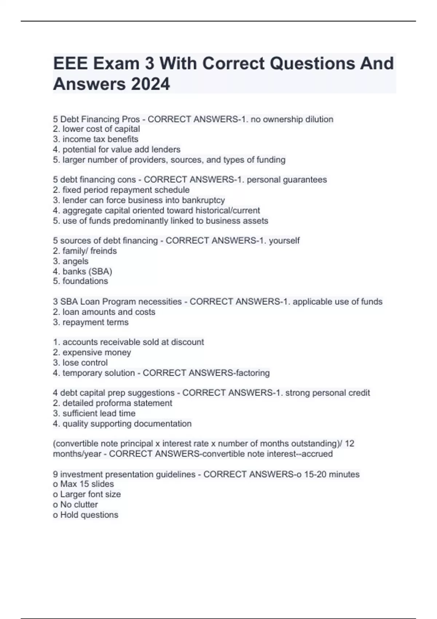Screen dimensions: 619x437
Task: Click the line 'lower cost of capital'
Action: pyautogui.click(x=97, y=129)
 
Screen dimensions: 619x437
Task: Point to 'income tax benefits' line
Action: pyautogui.click(x=96, y=139)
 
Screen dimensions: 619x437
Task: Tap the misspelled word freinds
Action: pyautogui.click(x=103, y=251)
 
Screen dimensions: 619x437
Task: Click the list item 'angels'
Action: pyautogui.click(x=71, y=261)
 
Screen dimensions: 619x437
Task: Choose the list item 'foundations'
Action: pyautogui.click(x=80, y=281)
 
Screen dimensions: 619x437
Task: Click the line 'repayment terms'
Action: pyautogui.click(x=91, y=323)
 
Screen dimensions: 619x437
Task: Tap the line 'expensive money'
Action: pyautogui.click(x=92, y=352)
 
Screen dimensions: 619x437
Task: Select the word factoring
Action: pyautogui.click(x=253, y=373)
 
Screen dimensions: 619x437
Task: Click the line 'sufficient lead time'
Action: pyautogui.click(x=94, y=414)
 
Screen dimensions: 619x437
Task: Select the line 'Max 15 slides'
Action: pyautogui.click(x=83, y=484)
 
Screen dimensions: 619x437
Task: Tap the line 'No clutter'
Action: pyautogui.click(x=75, y=505)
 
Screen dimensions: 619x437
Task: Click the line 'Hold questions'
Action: pyautogui.click(x=86, y=515)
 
